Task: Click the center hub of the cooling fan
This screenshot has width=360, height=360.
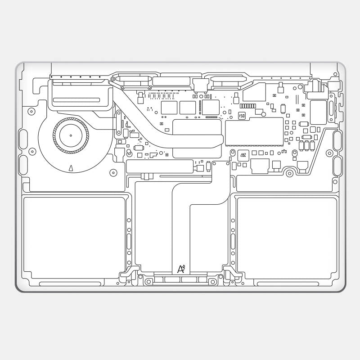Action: tap(71, 135)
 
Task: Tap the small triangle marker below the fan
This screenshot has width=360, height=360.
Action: tap(71, 168)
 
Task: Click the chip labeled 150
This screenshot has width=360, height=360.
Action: tap(242, 116)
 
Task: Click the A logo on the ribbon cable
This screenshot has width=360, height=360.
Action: tap(181, 269)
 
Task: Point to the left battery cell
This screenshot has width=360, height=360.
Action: tap(74, 238)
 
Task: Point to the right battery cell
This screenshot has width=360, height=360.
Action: tap(287, 238)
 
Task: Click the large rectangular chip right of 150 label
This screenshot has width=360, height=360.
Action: tap(254, 131)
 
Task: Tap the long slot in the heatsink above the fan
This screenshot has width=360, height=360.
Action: tap(77, 98)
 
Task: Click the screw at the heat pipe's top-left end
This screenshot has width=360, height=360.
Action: tap(112, 79)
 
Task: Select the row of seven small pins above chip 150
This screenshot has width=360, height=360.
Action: tap(247, 106)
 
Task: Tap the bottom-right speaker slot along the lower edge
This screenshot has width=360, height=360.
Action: tap(288, 284)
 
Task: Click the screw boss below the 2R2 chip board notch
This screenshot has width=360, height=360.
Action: tap(288, 172)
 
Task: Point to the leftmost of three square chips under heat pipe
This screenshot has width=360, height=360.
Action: tap(169, 108)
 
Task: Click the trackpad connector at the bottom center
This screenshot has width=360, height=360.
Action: tap(180, 279)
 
